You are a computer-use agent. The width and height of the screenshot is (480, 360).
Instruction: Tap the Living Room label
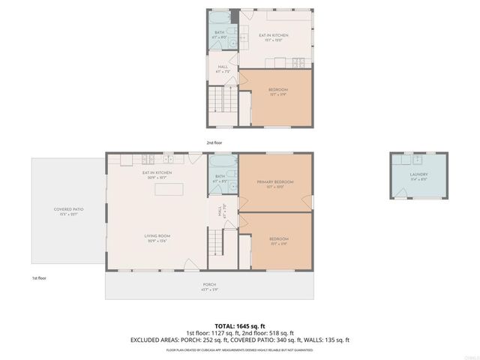coord(155,238)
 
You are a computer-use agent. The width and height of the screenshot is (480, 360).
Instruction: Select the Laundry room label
coord(418,175)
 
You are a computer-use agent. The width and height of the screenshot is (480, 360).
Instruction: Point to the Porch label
coord(209,286)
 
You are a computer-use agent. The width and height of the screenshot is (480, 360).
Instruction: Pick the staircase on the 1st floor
coord(216,242)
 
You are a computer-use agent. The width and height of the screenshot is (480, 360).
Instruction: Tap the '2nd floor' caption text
coord(214,142)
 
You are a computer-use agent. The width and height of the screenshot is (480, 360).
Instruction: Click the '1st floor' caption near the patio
coord(40,278)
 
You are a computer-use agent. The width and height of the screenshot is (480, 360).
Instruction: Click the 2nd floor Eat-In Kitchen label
coord(274,37)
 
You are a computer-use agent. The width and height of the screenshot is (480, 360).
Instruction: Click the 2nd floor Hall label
coord(222,68)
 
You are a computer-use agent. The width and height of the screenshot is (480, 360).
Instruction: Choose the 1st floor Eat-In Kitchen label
coord(157,175)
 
